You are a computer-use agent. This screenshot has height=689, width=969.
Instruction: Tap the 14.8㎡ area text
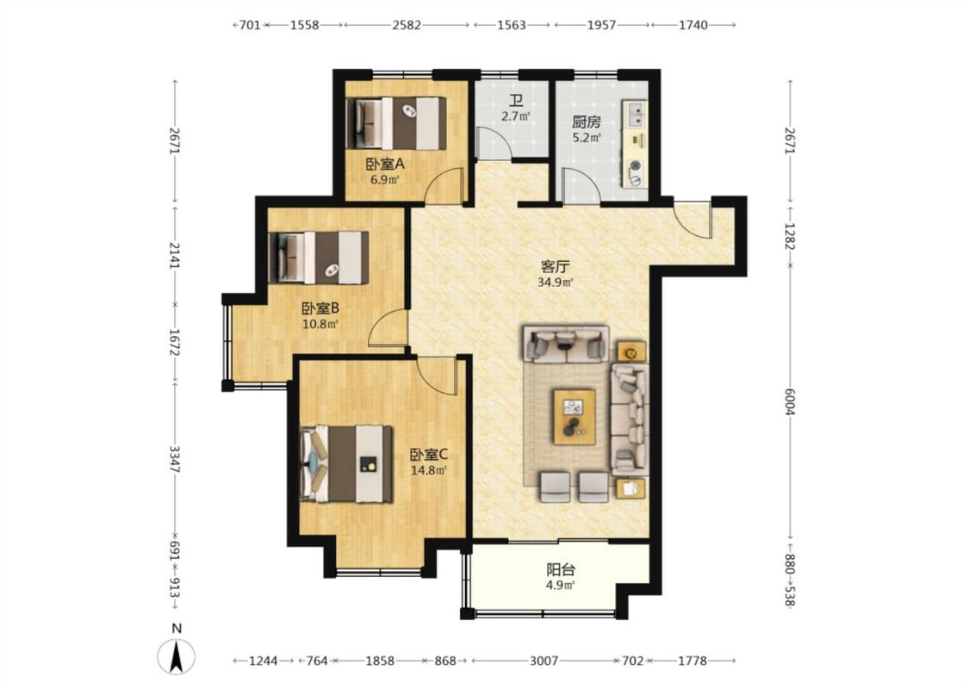tap(429, 470)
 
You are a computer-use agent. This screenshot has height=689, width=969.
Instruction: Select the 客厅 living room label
tap(555, 267)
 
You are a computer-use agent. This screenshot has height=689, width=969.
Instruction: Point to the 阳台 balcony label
tap(561, 570)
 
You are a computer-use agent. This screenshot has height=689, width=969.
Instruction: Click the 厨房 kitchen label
tap(586, 122)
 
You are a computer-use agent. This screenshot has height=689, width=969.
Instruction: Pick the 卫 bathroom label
tap(515, 101)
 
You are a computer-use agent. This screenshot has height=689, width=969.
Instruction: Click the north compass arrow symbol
tap(176, 655)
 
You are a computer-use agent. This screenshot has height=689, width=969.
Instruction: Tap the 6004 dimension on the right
tap(789, 401)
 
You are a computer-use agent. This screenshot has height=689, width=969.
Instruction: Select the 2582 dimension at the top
tap(407, 25)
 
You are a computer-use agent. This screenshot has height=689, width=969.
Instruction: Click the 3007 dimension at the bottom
tap(544, 661)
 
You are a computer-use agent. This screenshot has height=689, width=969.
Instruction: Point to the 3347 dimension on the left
tap(174, 459)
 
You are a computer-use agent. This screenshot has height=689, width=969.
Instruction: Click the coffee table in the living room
tap(575, 417)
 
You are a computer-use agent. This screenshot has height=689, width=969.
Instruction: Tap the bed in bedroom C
tap(347, 463)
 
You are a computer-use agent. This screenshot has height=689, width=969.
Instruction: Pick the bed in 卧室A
tap(396, 123)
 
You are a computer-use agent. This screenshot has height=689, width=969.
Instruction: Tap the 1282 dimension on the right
tap(789, 237)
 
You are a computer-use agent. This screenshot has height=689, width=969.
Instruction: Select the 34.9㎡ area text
tap(555, 283)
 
